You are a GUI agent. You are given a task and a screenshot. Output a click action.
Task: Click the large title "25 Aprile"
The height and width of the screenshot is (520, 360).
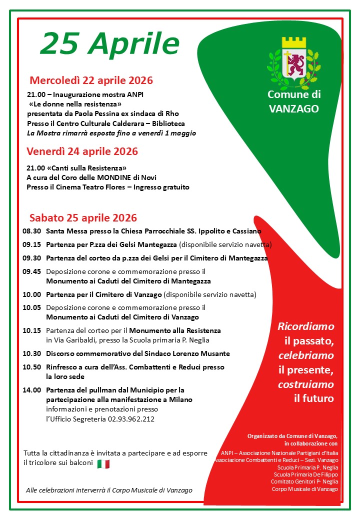(x=109, y=44)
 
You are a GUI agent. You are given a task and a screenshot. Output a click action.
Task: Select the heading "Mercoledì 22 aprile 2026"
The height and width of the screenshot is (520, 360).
(x=91, y=80)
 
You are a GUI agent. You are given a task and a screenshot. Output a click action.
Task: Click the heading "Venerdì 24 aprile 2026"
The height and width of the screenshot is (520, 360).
(x=82, y=151)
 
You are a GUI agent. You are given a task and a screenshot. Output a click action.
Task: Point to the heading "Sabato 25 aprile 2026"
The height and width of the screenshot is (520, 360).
(x=83, y=218)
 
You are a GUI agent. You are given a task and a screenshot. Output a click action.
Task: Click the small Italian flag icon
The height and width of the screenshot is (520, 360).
(x=103, y=464)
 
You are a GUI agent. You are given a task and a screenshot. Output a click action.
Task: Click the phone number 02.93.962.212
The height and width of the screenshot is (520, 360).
(x=131, y=419)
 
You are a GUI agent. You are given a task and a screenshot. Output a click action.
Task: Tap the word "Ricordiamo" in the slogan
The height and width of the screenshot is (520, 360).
(x=306, y=326)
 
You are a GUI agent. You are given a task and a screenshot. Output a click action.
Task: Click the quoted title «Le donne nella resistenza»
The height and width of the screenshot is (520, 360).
(x=75, y=104)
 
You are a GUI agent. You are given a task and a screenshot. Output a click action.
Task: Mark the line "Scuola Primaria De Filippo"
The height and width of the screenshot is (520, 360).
(x=306, y=474)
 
